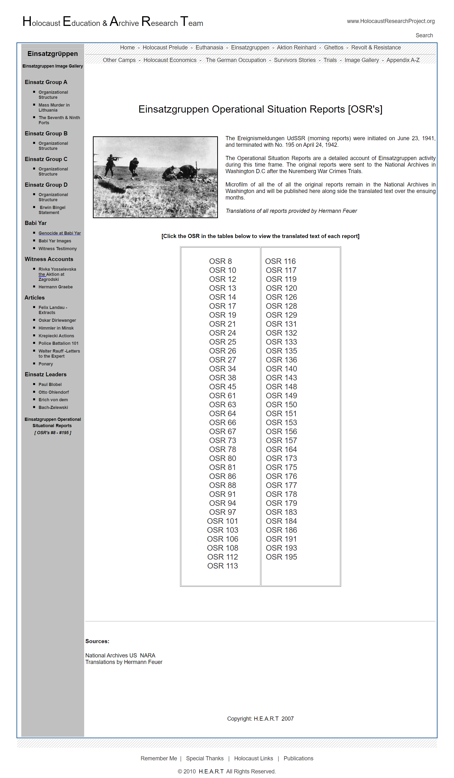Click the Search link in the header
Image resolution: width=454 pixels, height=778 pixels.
coord(424,36)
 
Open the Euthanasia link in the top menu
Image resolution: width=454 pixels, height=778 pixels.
coord(209,47)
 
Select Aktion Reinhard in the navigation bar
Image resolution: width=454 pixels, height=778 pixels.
coord(296,47)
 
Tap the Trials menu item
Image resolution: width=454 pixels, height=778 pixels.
coord(330,60)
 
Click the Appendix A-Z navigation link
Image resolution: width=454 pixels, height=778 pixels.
coord(403,60)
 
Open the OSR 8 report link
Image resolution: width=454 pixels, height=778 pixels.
coord(220,261)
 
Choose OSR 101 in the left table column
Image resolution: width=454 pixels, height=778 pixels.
coord(222,521)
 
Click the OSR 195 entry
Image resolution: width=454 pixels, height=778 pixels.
coord(281,557)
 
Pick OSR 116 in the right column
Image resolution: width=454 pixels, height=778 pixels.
coord(280,261)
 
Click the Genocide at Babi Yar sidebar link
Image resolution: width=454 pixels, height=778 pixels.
coord(60,233)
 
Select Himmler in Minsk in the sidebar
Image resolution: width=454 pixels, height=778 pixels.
coord(56,328)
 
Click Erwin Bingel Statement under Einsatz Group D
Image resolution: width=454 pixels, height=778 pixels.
coord(52,210)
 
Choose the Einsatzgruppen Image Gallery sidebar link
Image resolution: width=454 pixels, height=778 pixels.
coord(52,66)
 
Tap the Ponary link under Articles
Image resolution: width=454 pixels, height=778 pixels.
coord(46,364)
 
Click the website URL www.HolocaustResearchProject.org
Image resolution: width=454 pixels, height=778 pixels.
coord(390,21)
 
